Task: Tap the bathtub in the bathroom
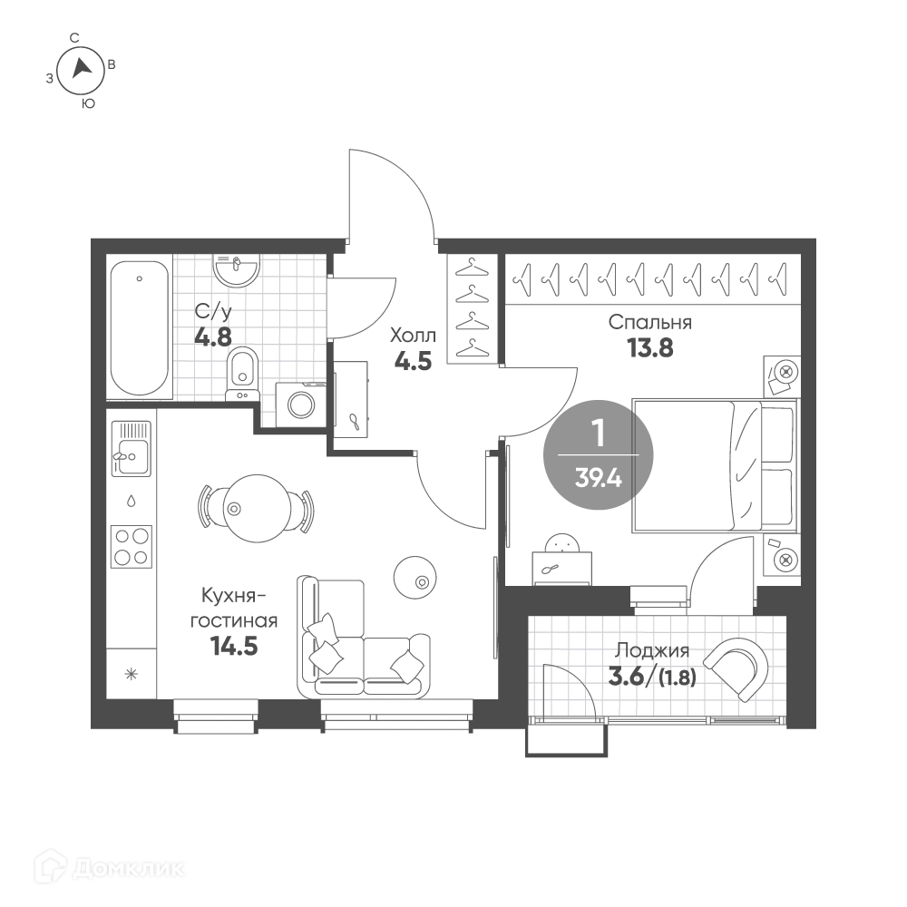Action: click(x=140, y=328)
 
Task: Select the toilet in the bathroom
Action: click(x=243, y=374)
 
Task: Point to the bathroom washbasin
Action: click(x=236, y=270)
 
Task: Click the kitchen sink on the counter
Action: click(x=132, y=448)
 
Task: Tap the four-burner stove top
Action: click(x=132, y=546)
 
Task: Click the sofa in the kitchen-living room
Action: click(x=364, y=637)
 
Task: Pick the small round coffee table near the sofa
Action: click(x=414, y=577)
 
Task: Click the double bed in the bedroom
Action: click(x=715, y=464)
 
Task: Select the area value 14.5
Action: click(x=234, y=646)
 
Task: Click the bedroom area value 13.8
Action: click(x=650, y=348)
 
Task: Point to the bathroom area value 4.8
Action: click(x=213, y=336)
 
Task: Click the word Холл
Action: click(x=413, y=335)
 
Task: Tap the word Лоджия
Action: click(x=652, y=650)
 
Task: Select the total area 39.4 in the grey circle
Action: click(x=598, y=479)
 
